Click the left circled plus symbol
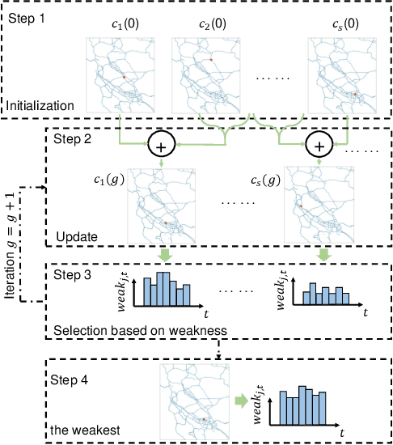tap(163, 146)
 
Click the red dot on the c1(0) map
tap(124, 77)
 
